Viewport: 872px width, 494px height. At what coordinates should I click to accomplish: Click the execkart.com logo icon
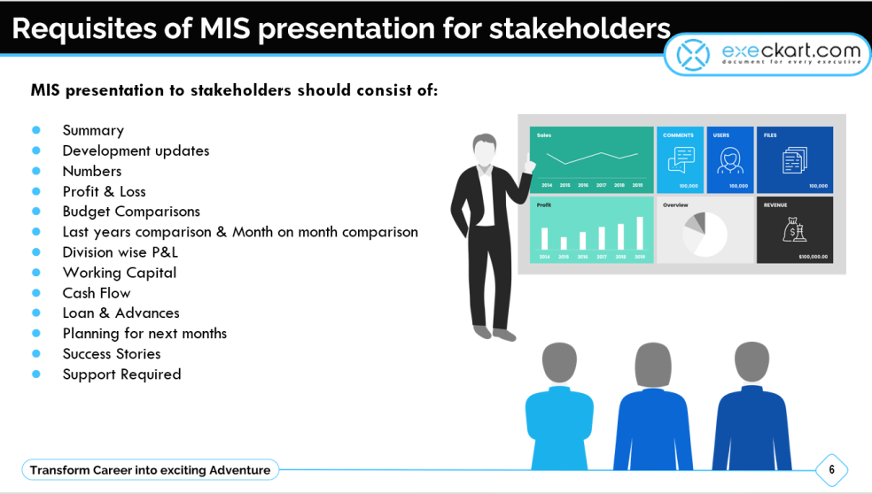(x=694, y=54)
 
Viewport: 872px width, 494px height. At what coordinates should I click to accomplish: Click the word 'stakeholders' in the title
(x=580, y=28)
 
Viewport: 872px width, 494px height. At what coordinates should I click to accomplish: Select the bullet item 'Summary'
(x=93, y=130)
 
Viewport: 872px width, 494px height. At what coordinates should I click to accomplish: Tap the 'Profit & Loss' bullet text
(x=104, y=191)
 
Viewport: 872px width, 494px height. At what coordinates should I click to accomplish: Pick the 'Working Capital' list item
(x=119, y=273)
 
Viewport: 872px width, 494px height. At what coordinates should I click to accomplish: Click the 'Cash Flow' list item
(x=96, y=293)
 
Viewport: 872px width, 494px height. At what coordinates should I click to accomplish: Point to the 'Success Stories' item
(x=112, y=353)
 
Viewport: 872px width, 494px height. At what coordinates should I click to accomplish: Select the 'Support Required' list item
(x=121, y=374)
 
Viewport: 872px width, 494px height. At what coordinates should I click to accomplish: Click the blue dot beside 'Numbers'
(x=36, y=171)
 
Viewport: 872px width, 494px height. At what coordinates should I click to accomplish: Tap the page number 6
(x=831, y=470)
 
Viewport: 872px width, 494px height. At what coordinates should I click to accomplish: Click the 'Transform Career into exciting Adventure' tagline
(x=151, y=470)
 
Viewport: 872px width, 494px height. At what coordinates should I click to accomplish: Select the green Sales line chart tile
(x=592, y=160)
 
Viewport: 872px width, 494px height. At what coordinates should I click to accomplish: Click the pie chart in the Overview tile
(x=705, y=233)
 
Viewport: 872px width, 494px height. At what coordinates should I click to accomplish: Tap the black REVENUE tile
(x=795, y=230)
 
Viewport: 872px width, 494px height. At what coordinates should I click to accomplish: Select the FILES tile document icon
(x=795, y=160)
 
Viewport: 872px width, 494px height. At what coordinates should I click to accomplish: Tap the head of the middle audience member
(x=654, y=364)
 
